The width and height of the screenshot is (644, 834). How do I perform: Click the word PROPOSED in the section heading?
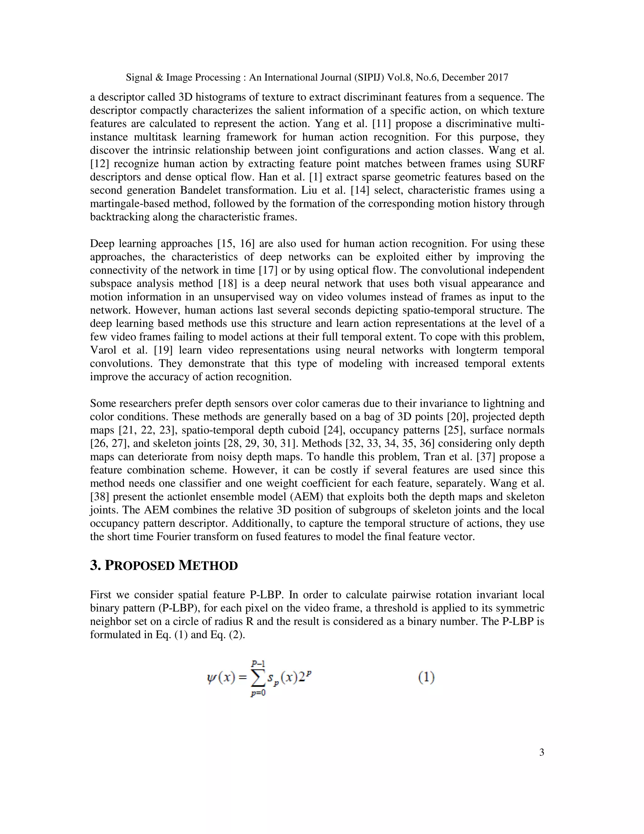pos(139,566)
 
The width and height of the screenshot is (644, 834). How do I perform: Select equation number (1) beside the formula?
pos(426,678)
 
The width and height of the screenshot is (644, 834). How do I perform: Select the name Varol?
pos(103,351)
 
